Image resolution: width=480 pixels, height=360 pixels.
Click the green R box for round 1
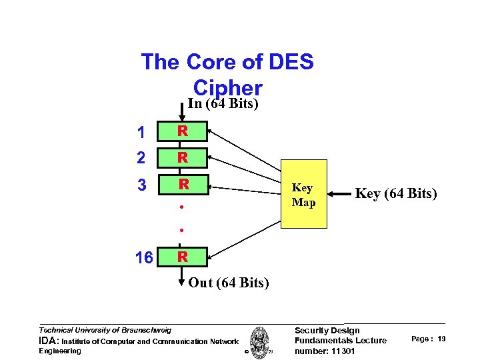pos(182,132)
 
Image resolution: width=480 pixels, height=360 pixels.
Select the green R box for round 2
pos(182,158)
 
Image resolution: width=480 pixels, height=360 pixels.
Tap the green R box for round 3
pos(182,184)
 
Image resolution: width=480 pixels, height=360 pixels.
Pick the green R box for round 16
pos(182,257)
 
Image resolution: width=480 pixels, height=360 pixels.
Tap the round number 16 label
pos(144,257)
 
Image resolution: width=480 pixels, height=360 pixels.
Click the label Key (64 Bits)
pos(396,194)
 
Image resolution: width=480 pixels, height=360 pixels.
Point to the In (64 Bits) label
pos(223,104)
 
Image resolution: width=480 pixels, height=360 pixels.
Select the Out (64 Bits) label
pos(229,283)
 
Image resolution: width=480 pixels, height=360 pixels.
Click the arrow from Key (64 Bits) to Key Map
pos(341,195)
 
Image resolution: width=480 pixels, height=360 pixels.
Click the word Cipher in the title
pos(227,87)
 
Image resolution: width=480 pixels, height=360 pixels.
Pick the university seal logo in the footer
pos(259,340)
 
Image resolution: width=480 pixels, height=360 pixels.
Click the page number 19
pos(441,339)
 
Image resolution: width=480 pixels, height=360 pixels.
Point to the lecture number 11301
pos(340,351)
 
